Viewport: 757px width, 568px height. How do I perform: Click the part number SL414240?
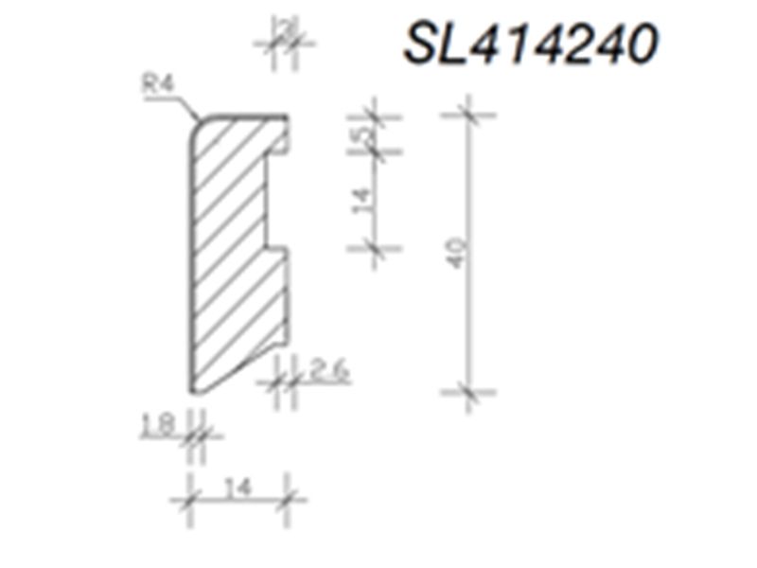pyautogui.click(x=529, y=43)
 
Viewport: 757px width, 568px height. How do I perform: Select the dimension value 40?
pyautogui.click(x=458, y=254)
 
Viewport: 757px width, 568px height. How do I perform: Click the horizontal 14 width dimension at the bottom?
pyautogui.click(x=240, y=488)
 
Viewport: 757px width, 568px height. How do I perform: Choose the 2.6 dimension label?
pyautogui.click(x=327, y=370)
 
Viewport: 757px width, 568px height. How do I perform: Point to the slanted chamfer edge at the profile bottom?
pyautogui.click(x=237, y=374)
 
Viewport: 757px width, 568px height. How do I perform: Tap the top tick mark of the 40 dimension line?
pyautogui.click(x=467, y=116)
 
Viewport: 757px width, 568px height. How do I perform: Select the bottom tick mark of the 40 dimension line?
pyautogui.click(x=467, y=390)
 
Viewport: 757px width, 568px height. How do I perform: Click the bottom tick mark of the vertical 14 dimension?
pyautogui.click(x=375, y=248)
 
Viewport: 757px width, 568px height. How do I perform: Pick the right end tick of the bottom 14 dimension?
pyautogui.click(x=288, y=499)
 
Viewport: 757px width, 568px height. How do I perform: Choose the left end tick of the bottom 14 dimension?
pyautogui.click(x=190, y=499)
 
